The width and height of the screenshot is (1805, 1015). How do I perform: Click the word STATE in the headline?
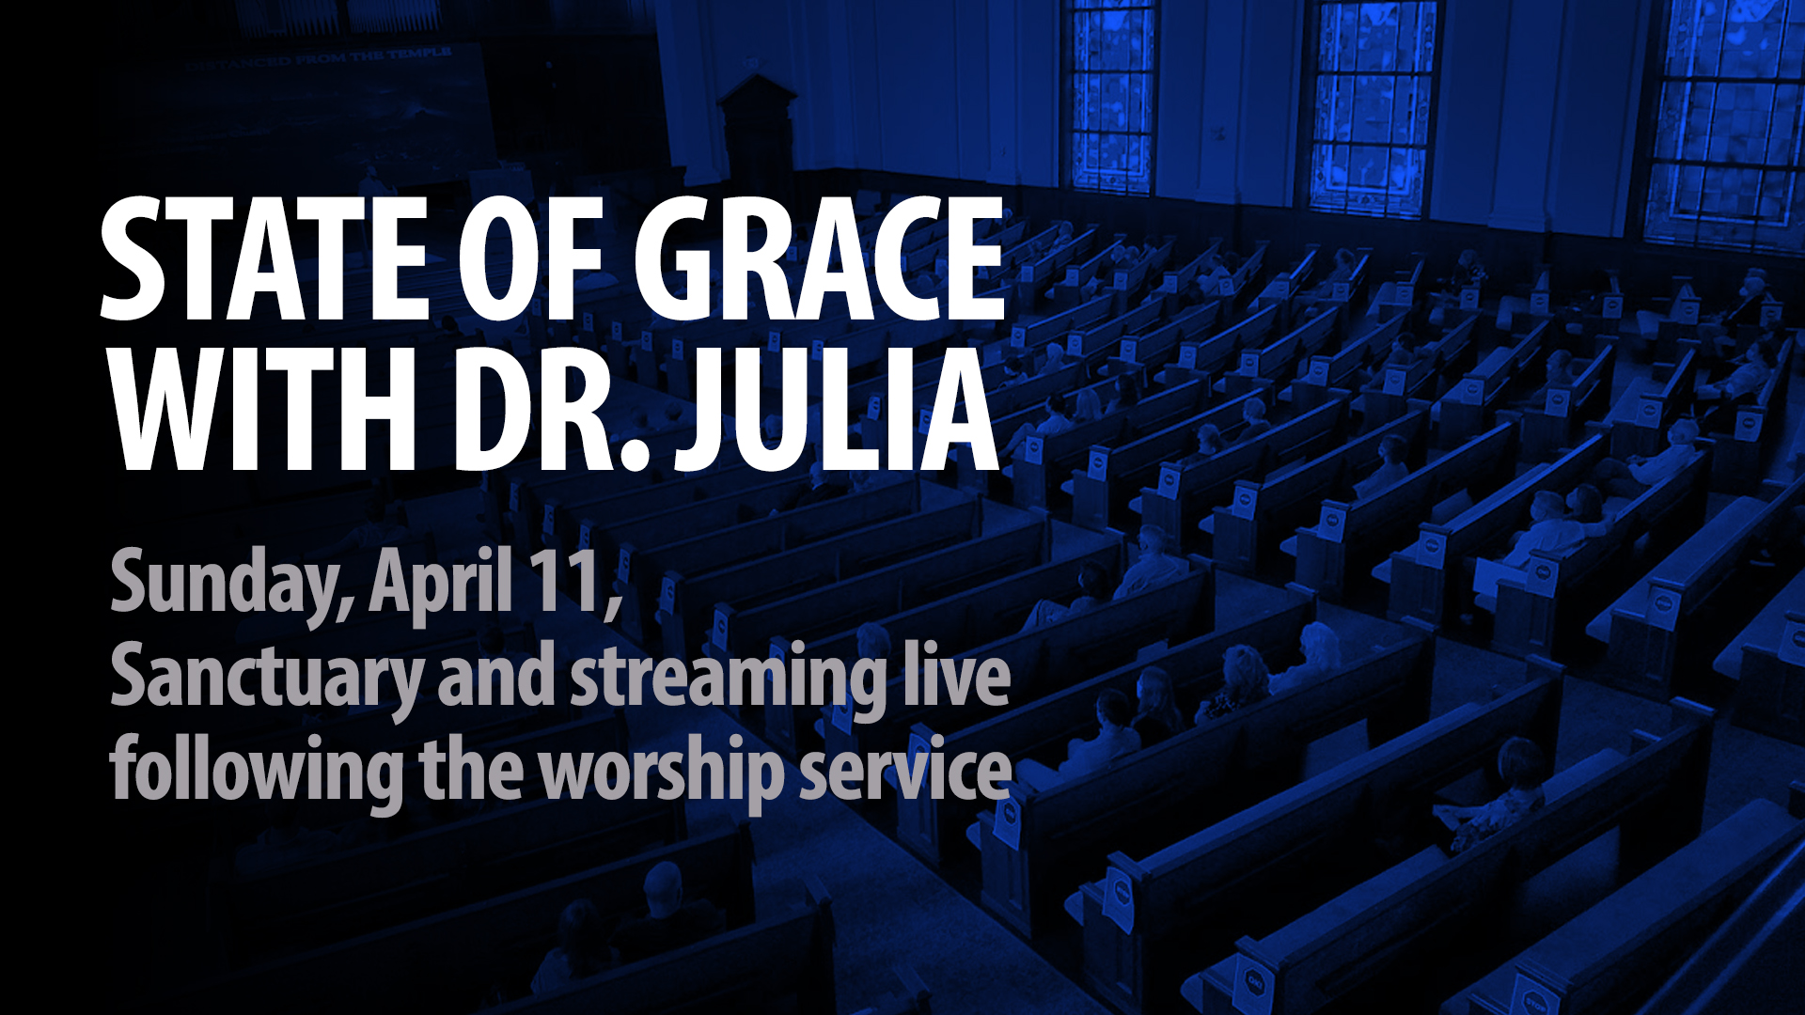(264, 258)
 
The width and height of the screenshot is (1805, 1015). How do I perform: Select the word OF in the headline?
(530, 258)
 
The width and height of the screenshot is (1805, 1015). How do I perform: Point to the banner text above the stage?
(320, 58)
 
